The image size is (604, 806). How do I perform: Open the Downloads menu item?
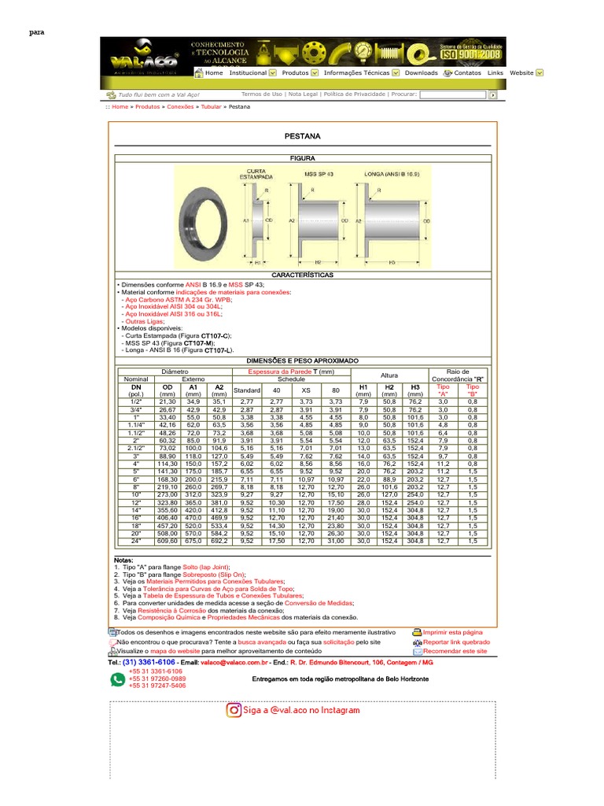point(421,73)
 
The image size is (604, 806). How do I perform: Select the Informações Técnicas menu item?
point(356,73)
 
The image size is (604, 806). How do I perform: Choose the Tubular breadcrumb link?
point(211,106)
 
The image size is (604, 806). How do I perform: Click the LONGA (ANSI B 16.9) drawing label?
point(391,172)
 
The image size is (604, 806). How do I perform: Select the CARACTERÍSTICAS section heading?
point(301,275)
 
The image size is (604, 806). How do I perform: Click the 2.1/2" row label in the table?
point(135,448)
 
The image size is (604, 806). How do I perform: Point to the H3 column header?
point(414,387)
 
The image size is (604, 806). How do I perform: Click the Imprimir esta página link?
point(452,632)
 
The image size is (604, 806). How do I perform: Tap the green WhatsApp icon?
point(117,678)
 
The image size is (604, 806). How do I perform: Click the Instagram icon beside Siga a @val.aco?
point(234,710)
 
